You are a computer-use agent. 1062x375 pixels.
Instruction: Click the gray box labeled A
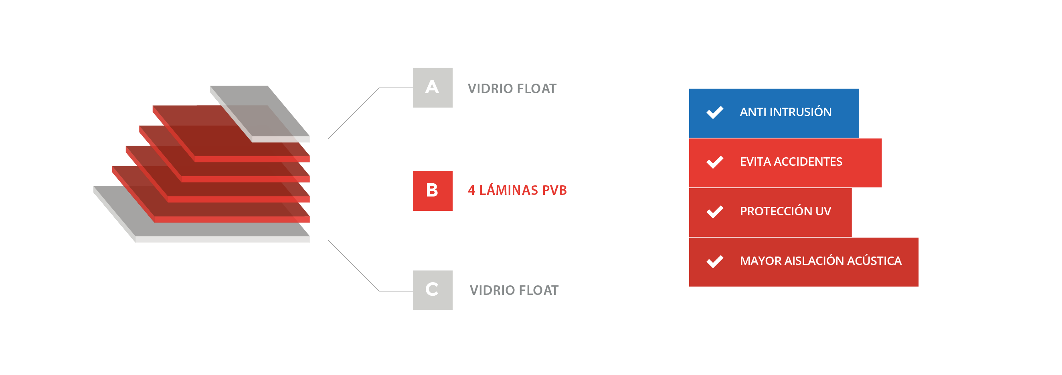pos(433,87)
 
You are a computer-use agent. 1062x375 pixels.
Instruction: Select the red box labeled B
pos(433,191)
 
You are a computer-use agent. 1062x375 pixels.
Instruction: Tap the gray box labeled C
pos(433,290)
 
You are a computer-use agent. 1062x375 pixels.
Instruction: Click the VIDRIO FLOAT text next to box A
pos(512,88)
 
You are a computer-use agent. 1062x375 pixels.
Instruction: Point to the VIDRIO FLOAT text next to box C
pos(514,290)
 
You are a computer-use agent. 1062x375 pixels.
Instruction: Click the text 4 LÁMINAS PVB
pos(517,190)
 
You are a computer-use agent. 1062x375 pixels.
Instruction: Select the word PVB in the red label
pos(554,190)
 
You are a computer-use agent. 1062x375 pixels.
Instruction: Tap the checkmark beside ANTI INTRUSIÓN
pos(714,112)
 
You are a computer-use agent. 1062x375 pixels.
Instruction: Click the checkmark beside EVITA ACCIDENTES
pos(714,162)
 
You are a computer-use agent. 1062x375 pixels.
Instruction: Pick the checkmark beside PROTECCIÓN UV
pos(714,212)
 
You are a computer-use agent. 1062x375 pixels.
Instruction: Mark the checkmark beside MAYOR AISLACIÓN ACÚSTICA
pos(714,261)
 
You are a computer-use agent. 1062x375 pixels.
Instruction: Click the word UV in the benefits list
pos(823,211)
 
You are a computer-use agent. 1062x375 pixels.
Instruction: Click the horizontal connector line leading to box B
pos(370,191)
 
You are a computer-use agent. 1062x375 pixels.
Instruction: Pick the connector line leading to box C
pos(354,265)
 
